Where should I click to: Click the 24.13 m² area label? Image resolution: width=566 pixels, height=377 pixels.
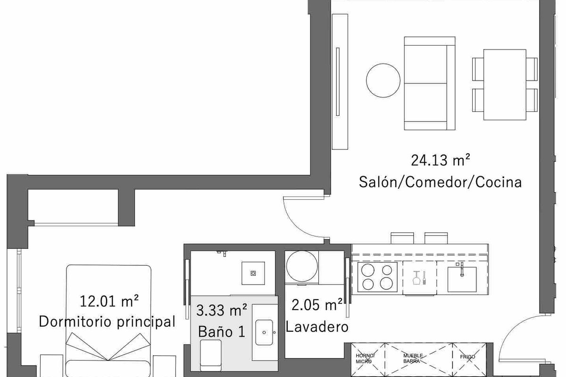pyautogui.click(x=441, y=161)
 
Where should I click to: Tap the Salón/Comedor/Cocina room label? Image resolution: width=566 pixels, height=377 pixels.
pyautogui.click(x=441, y=182)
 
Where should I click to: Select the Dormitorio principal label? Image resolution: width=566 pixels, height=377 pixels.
pyautogui.click(x=107, y=322)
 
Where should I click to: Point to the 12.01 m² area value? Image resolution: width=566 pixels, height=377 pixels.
pyautogui.click(x=109, y=301)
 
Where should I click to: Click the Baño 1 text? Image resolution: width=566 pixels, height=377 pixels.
pyautogui.click(x=222, y=332)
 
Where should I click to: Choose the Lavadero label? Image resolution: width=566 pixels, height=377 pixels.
pyautogui.click(x=317, y=327)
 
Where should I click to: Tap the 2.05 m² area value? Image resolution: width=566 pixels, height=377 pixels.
pyautogui.click(x=317, y=305)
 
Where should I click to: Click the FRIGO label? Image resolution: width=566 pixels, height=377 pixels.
pyautogui.click(x=467, y=357)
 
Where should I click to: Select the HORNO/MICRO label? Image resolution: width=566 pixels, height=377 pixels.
pyautogui.click(x=366, y=359)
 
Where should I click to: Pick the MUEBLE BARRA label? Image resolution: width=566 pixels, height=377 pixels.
pyautogui.click(x=413, y=358)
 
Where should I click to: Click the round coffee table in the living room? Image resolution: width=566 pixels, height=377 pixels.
pyautogui.click(x=383, y=80)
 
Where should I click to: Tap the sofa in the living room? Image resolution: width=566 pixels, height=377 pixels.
pyautogui.click(x=430, y=83)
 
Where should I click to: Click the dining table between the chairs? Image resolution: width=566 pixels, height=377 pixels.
pyautogui.click(x=505, y=85)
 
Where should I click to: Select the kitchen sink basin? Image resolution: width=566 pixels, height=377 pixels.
pyautogui.click(x=462, y=279)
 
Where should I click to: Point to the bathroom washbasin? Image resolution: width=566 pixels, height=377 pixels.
pyautogui.click(x=264, y=333)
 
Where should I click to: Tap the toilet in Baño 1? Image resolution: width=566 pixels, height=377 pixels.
pyautogui.click(x=210, y=355)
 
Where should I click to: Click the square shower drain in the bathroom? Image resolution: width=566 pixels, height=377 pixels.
pyautogui.click(x=253, y=273)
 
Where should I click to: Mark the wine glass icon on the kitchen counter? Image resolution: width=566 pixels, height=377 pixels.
pyautogui.click(x=416, y=278)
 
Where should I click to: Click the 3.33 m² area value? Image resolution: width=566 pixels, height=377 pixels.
pyautogui.click(x=222, y=311)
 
